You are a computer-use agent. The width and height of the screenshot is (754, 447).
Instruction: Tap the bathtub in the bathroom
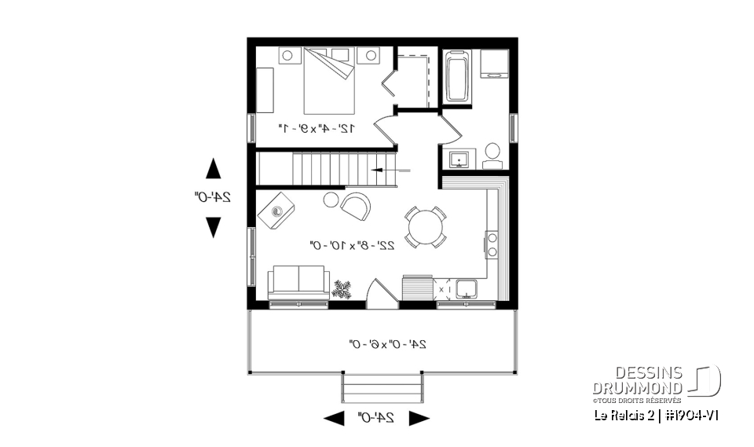[x=457, y=77]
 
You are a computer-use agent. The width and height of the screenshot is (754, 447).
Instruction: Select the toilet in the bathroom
[x=492, y=155]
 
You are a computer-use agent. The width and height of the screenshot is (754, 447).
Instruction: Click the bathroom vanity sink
[x=458, y=160]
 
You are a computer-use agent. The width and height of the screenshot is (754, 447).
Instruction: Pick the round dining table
[x=425, y=227]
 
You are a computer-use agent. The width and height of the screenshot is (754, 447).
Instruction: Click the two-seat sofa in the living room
[x=298, y=284]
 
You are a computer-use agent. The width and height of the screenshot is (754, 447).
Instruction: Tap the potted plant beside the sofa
[x=342, y=288]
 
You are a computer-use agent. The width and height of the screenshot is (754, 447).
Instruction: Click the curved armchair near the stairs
[x=355, y=206]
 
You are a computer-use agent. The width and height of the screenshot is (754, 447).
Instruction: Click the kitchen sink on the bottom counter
[x=467, y=289]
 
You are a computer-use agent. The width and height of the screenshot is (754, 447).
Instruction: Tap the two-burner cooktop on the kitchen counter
[x=492, y=244]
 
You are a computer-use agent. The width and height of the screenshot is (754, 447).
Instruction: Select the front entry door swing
[x=379, y=290]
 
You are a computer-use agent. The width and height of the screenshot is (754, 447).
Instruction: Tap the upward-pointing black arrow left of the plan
[x=213, y=169]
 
